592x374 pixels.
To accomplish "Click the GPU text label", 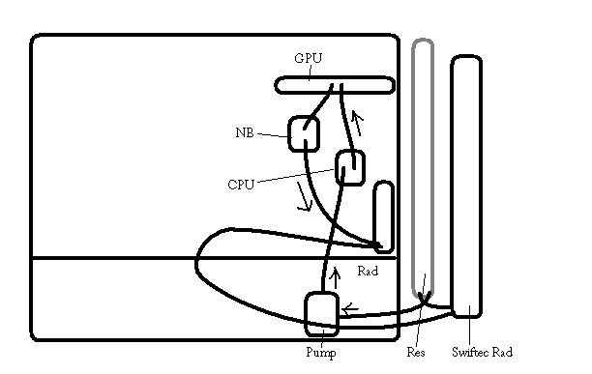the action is coord(308,58).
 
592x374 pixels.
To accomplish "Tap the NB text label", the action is coord(245,132).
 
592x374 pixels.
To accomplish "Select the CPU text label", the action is coord(241,185).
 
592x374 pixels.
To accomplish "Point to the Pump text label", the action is coord(321,353).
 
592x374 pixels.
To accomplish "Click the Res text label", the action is coord(416,353).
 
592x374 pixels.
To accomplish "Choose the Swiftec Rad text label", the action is coord(482,352).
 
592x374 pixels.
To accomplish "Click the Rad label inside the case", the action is coord(368,271).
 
